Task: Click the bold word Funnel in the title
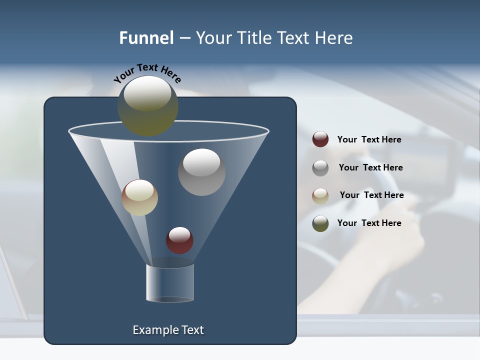pyautogui.click(x=146, y=38)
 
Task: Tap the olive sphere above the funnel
pyautogui.click(x=147, y=106)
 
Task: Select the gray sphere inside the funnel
pyautogui.click(x=201, y=172)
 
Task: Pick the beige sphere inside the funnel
pyautogui.click(x=139, y=197)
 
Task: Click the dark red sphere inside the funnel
pyautogui.click(x=179, y=240)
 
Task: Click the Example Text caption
pyautogui.click(x=168, y=330)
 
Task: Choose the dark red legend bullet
pyautogui.click(x=320, y=139)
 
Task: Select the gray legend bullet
pyautogui.click(x=320, y=168)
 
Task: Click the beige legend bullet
pyautogui.click(x=320, y=195)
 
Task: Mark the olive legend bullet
pyautogui.click(x=320, y=223)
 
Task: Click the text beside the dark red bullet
pyautogui.click(x=369, y=140)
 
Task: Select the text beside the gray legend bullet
pyautogui.click(x=370, y=168)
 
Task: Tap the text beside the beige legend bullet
pyautogui.click(x=371, y=195)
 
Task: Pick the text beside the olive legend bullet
pyautogui.click(x=369, y=223)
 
